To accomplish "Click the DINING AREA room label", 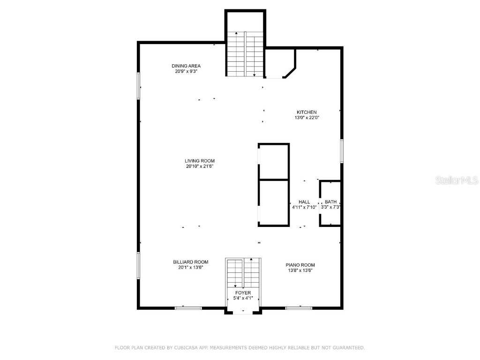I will (186, 66).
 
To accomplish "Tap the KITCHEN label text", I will (307, 112).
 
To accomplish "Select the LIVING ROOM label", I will (199, 161).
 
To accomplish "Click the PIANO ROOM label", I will (300, 264).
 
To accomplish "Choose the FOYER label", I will (243, 292).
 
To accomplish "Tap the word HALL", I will (304, 202).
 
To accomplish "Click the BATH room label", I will (330, 202).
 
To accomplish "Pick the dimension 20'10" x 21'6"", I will (199, 166).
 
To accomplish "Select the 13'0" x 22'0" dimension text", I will (307, 118).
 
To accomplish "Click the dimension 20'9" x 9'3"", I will (186, 72).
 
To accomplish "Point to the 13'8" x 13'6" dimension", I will (300, 270).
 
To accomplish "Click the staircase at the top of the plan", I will (245, 54).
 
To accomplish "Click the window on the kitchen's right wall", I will (342, 151).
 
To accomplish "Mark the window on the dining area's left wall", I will (138, 85).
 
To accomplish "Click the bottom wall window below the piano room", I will (299, 308).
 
